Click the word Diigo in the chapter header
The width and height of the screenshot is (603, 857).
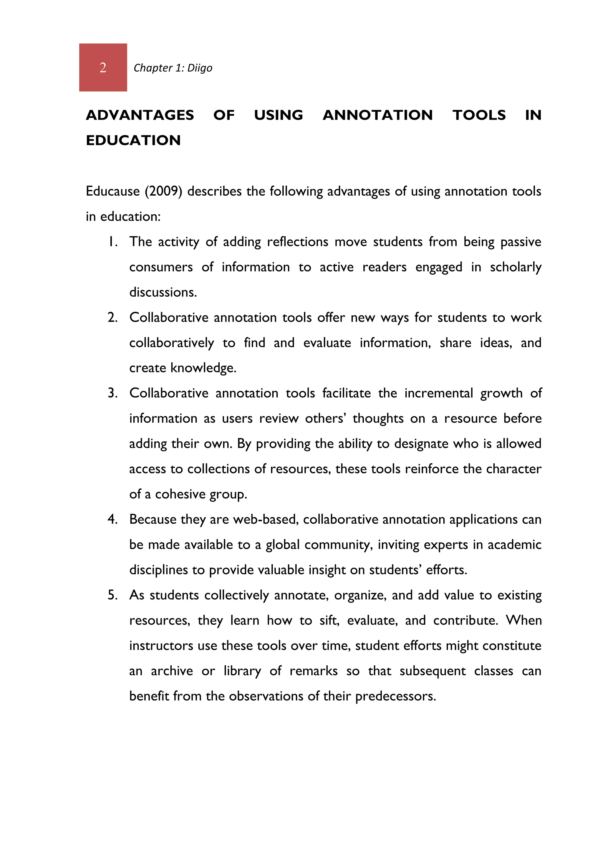pos(200,68)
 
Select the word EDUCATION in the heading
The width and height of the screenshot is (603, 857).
pos(133,140)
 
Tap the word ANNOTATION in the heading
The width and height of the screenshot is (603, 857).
pos(378,115)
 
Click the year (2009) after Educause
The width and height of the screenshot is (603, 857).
pos(163,191)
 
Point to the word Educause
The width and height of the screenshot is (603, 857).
pos(113,191)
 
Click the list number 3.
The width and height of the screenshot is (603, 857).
pos(112,393)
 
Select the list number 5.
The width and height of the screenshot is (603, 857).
pos(112,595)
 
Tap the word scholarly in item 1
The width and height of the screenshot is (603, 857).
pos(515,267)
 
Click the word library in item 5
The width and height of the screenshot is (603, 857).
pos(242,671)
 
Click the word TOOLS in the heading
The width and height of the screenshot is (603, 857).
pos(479,115)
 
